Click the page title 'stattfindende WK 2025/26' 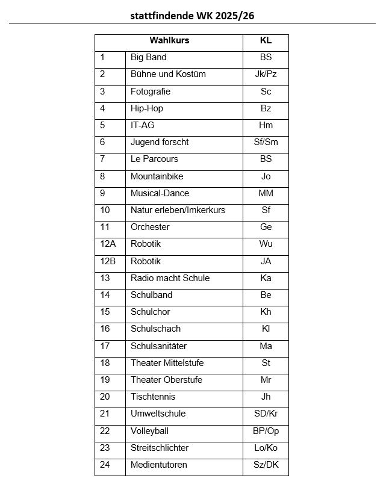click(x=192, y=16)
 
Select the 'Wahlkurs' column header click(x=169, y=40)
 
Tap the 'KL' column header click(x=266, y=40)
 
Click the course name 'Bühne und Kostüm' click(x=168, y=74)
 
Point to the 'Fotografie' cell click(x=151, y=91)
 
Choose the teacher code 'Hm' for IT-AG click(x=266, y=125)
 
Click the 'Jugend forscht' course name click(x=160, y=142)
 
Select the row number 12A click(x=108, y=244)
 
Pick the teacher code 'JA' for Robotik click(x=266, y=261)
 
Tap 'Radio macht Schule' click(x=170, y=278)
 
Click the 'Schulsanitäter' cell click(x=158, y=346)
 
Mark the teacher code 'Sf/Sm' click(x=266, y=142)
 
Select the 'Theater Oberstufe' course click(x=166, y=380)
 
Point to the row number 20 click(x=105, y=397)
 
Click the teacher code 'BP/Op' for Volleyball click(x=266, y=431)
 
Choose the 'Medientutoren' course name click(x=159, y=465)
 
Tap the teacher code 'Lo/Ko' click(x=266, y=448)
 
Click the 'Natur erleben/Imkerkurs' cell click(x=178, y=210)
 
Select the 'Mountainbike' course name click(x=157, y=176)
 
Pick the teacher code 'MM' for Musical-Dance click(x=266, y=193)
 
